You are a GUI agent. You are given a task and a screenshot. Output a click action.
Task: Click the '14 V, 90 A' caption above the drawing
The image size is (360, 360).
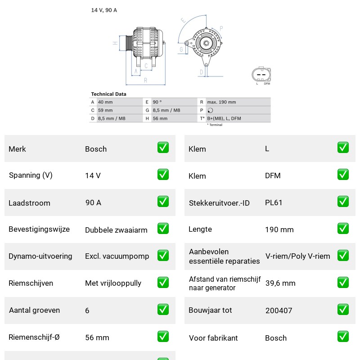tap(104, 10)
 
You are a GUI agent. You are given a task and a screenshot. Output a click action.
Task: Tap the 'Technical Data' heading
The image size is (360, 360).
tap(108, 94)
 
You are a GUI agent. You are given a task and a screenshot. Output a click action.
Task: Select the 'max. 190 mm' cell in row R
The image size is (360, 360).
tap(221, 102)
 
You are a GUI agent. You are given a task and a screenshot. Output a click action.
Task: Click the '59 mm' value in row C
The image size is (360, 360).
tap(105, 110)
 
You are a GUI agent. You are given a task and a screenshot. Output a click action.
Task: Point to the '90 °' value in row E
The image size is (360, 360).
tap(157, 102)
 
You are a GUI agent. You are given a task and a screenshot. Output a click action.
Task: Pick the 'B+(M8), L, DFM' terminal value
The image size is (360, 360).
tap(224, 118)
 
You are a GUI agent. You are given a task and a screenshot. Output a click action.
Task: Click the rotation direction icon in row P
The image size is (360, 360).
tap(210, 110)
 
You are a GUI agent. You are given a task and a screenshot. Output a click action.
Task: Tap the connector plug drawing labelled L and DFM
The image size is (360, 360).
tap(261, 74)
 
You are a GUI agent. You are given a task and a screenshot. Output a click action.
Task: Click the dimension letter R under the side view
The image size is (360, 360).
tap(145, 81)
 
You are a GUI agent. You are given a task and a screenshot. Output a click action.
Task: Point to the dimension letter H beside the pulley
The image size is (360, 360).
tap(115, 43)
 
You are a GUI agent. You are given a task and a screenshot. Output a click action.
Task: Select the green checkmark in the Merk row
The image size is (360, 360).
tap(163, 148)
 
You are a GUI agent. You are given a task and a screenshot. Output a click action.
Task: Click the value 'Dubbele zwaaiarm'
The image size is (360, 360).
tap(116, 230)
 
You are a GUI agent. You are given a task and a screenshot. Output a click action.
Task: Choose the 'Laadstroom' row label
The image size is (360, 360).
tap(29, 203)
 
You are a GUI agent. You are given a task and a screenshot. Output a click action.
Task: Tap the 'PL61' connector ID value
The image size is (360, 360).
tap(274, 202)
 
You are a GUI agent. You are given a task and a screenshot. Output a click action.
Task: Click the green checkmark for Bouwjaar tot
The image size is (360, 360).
tap(343, 309)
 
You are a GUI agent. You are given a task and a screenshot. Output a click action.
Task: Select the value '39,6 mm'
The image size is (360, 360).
tap(280, 283)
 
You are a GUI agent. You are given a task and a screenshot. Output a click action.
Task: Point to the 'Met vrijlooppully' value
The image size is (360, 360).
tap(113, 283)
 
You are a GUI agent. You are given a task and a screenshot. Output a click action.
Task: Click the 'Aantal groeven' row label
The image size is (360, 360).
tap(35, 310)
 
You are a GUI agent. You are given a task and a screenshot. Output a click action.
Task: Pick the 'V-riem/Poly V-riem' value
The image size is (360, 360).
tap(297, 256)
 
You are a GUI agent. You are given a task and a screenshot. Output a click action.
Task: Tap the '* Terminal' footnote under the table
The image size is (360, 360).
tap(215, 125)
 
